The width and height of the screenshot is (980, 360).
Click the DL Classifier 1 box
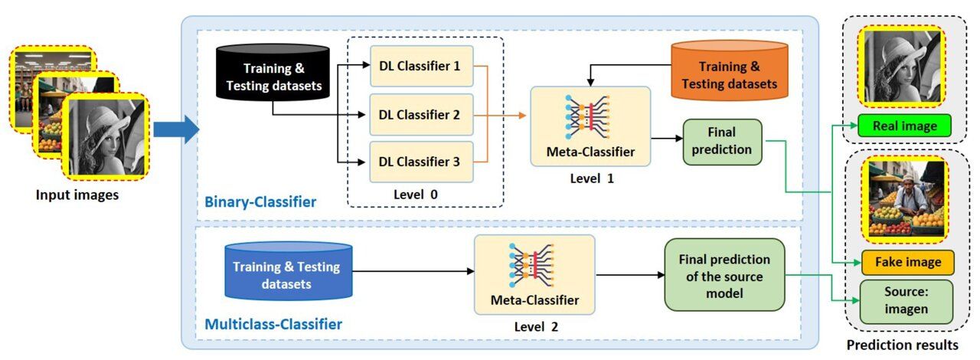(x=420, y=67)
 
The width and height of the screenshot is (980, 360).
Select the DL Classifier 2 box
(x=420, y=115)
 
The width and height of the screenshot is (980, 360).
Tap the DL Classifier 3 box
(x=420, y=162)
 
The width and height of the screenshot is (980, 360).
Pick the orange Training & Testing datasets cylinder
(x=729, y=74)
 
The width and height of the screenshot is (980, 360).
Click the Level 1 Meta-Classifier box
(x=590, y=126)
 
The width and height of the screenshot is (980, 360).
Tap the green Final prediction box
(x=721, y=141)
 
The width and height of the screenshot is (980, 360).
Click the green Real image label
(x=903, y=125)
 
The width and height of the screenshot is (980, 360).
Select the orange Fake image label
(x=906, y=262)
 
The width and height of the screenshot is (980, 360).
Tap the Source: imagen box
(x=906, y=301)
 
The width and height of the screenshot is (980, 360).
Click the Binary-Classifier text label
(x=260, y=202)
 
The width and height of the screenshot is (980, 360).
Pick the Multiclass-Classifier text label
(x=273, y=324)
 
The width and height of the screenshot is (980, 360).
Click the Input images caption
(x=77, y=195)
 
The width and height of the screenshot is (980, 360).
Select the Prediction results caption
(x=902, y=345)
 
